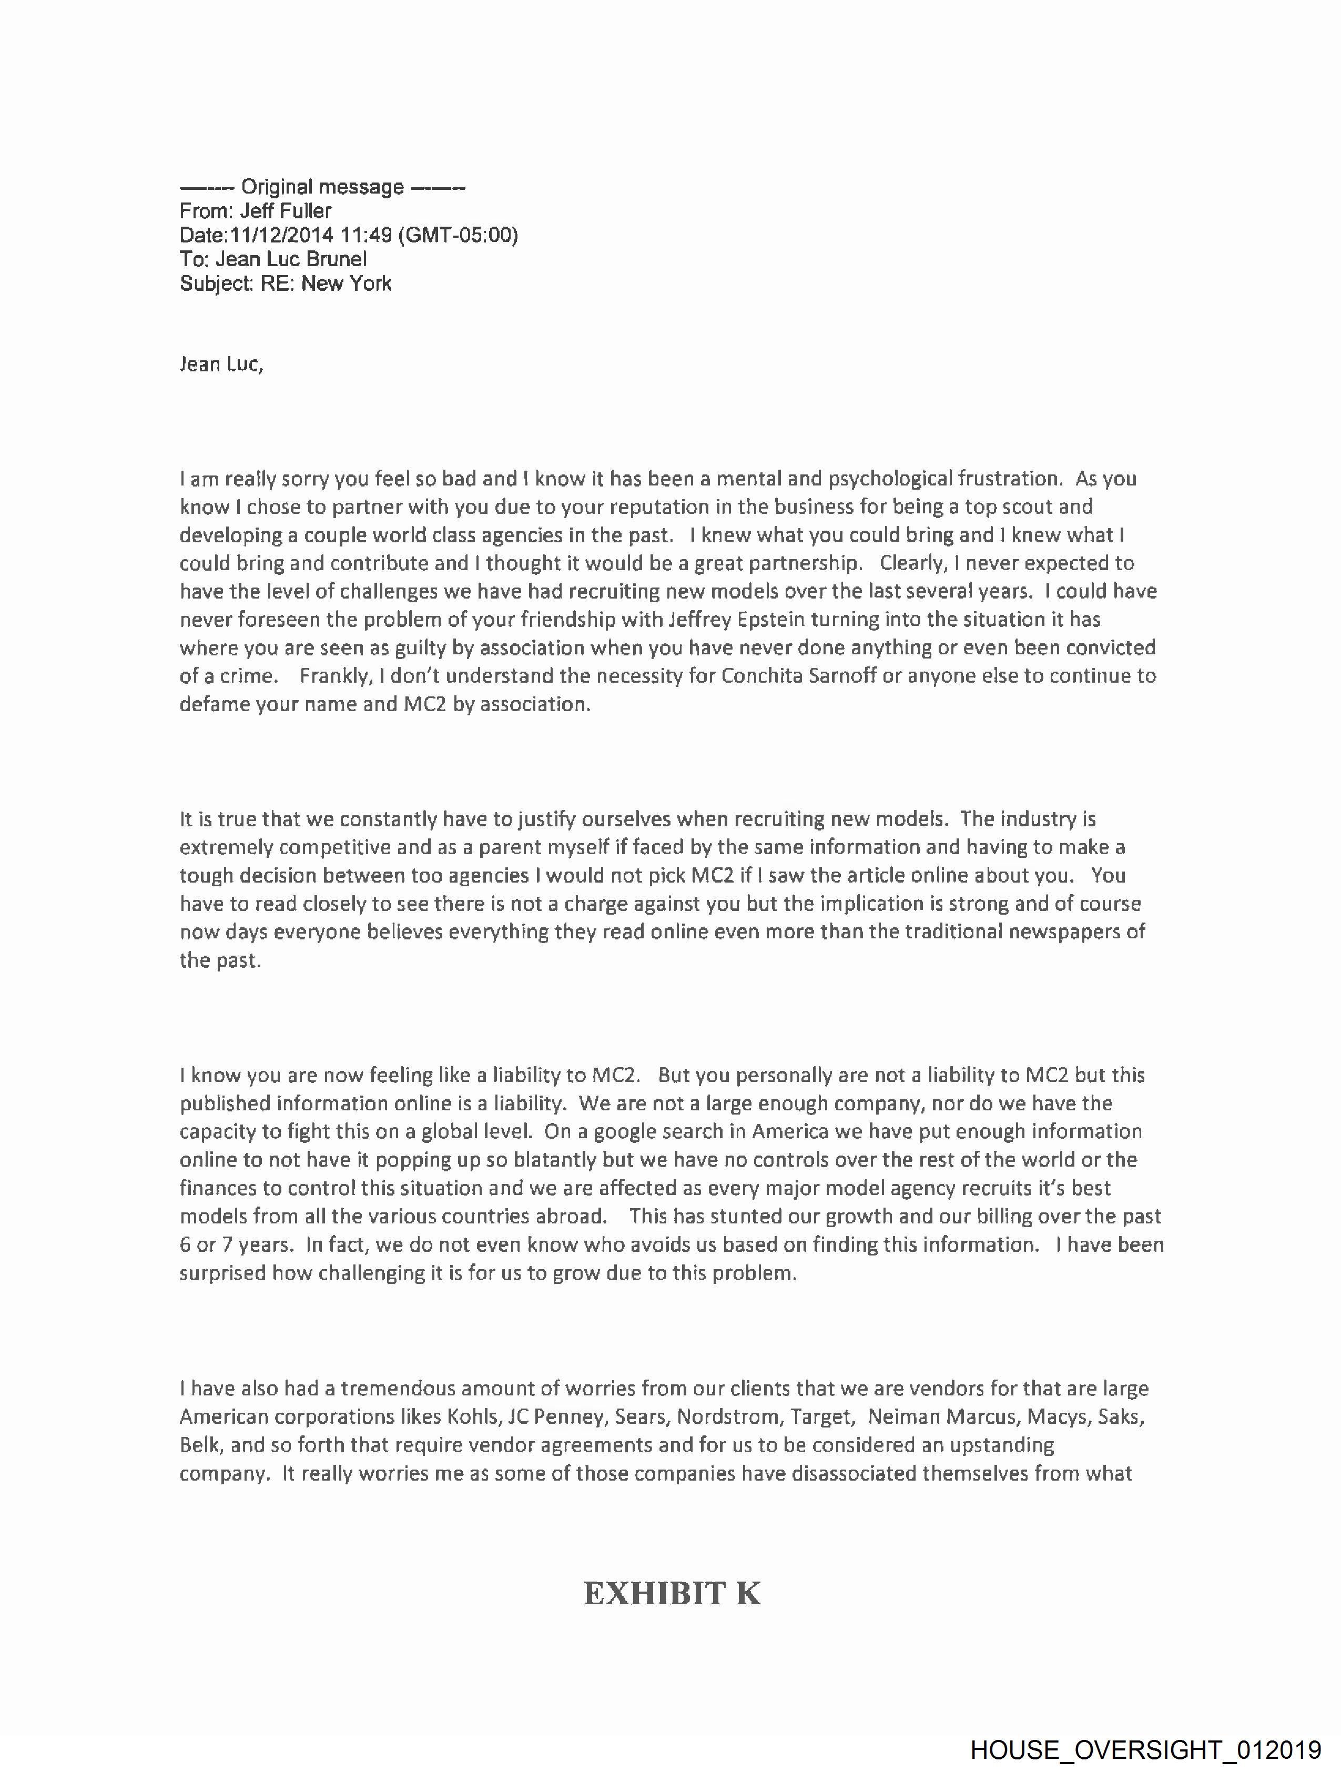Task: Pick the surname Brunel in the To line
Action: [x=337, y=259]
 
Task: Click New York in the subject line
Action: [x=346, y=283]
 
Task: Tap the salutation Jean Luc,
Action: [x=221, y=364]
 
